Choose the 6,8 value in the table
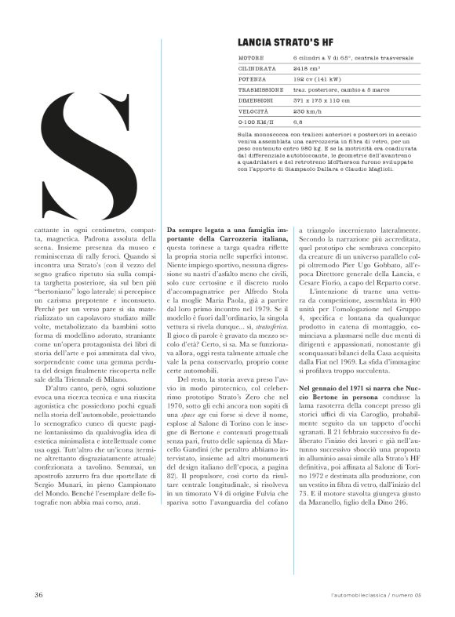298,122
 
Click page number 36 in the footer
38,593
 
